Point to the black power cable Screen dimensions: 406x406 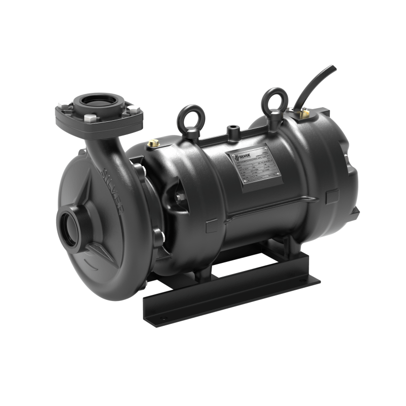318,83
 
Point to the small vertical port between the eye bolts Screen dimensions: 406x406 233,131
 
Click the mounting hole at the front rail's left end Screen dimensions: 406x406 163,319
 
